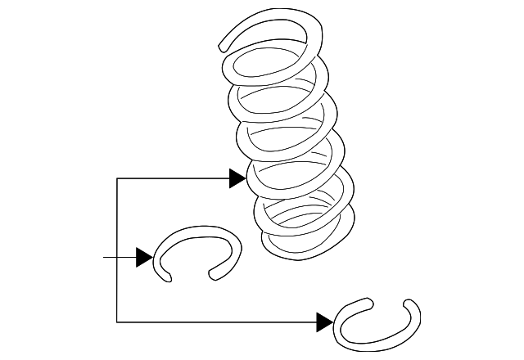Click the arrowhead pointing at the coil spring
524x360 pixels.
[238, 178]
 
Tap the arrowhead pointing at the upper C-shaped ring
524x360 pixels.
[144, 258]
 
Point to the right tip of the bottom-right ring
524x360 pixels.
[411, 304]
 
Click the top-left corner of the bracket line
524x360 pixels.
[118, 178]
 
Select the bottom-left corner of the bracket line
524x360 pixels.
[118, 321]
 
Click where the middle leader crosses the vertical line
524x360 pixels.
[118, 258]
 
